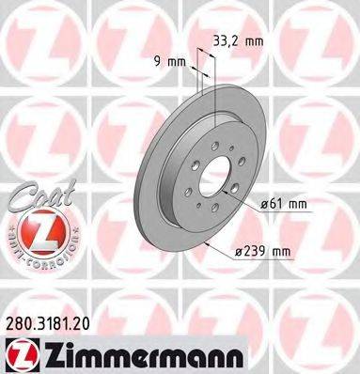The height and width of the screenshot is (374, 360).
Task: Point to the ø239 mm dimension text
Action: point(284,249)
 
